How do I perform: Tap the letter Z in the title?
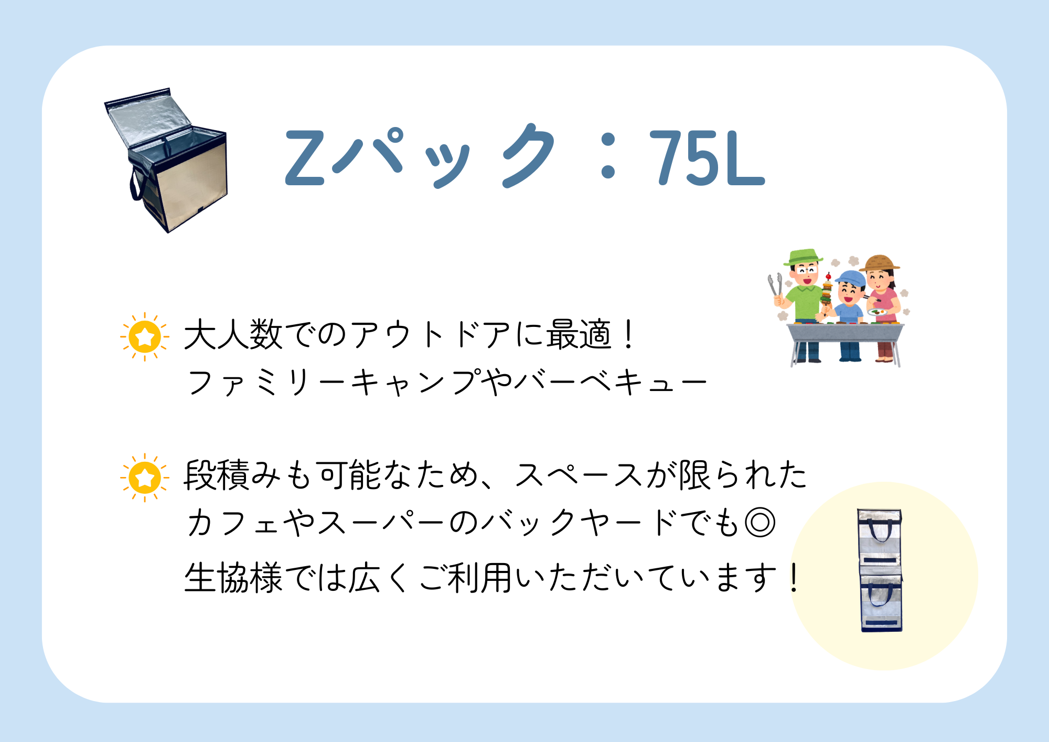(x=305, y=157)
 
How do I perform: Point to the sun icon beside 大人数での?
(x=145, y=336)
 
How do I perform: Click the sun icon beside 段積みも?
(x=145, y=478)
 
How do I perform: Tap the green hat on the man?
(x=802, y=257)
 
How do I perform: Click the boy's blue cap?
(x=850, y=279)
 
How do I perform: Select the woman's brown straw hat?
(x=880, y=262)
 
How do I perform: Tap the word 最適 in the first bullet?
(x=579, y=334)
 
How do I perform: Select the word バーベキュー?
(x=611, y=382)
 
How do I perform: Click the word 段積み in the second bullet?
(x=233, y=475)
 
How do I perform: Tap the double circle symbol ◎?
(x=760, y=523)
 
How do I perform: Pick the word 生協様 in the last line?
(x=233, y=577)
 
